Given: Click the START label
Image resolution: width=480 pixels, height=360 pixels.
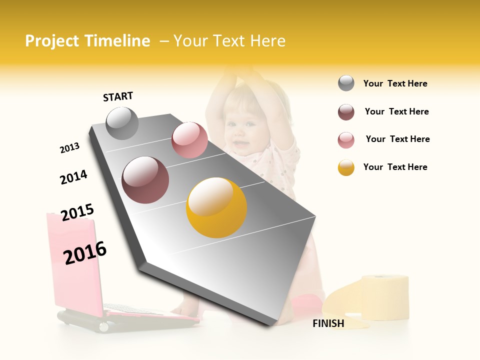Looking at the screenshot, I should coord(118,96).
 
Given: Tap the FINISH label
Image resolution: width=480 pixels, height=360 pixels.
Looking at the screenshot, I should coord(328,323).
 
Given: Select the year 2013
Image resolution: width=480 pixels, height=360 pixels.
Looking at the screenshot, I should coord(69,148).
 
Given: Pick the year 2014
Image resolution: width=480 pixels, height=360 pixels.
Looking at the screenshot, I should coord(73,177).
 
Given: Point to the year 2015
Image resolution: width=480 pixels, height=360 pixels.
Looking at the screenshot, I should coord(77,212).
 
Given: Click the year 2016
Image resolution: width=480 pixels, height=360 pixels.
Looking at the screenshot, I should coord(85,253).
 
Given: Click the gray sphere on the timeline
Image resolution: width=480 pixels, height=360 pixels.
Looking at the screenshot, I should coord(122,123).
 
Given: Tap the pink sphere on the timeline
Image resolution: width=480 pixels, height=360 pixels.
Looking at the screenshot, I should coord(189,140).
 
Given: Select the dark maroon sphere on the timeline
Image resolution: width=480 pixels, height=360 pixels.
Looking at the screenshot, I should coord(145,180).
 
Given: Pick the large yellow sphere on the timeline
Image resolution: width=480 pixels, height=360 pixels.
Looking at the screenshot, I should coord(216,207).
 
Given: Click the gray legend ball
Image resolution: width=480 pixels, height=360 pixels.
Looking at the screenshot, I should coord(346,83).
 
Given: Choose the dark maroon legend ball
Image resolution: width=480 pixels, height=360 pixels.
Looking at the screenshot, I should coord(346,112).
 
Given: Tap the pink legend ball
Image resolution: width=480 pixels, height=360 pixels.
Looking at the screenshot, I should coord(346,140).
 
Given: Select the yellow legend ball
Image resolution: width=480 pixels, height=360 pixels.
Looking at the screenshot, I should coord(346,167).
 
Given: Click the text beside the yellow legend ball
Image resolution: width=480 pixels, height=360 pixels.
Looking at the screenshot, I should coord(395,167).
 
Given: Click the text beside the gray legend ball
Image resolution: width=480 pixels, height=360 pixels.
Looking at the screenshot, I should coord(395,83).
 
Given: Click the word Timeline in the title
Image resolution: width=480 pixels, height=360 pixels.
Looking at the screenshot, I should coord(118,41).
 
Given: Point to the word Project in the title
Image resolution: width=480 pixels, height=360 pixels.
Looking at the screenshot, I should coord(51,41).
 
